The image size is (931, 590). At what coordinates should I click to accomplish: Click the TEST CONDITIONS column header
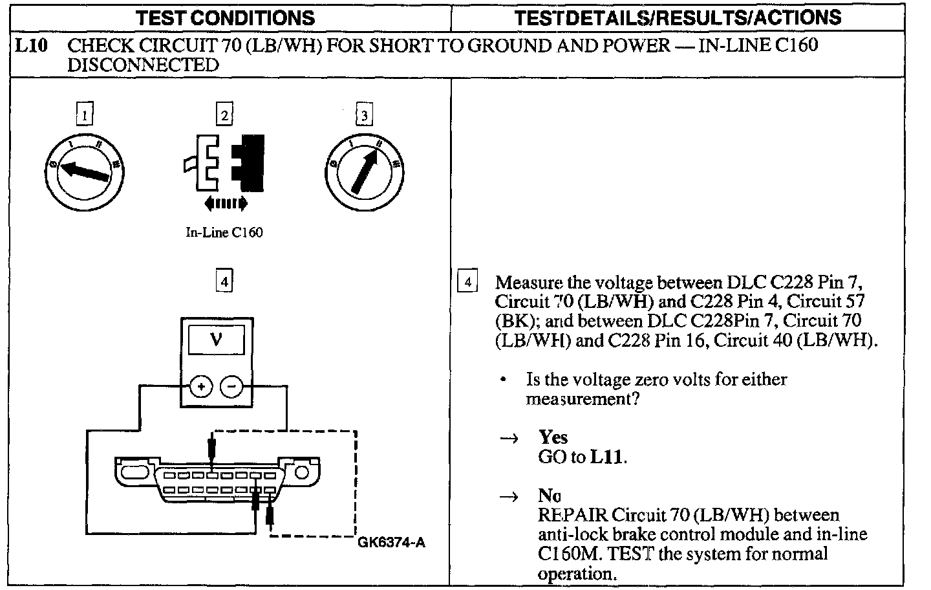pyautogui.click(x=225, y=17)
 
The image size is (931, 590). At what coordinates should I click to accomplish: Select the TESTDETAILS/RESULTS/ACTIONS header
pyautogui.click(x=678, y=17)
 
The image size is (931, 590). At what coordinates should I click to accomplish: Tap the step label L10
pyautogui.click(x=30, y=46)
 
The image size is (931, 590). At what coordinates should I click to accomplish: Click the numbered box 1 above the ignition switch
pyautogui.click(x=84, y=115)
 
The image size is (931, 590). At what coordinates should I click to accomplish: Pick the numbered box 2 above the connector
pyautogui.click(x=224, y=115)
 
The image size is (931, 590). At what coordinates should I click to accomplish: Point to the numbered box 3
pyautogui.click(x=364, y=115)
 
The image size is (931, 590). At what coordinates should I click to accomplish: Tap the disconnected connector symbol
pyautogui.click(x=224, y=164)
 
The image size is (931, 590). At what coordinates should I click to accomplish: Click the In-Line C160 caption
pyautogui.click(x=224, y=233)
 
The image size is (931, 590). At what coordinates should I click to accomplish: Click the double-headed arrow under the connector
pyautogui.click(x=225, y=204)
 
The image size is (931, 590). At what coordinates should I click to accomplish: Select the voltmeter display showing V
pyautogui.click(x=217, y=340)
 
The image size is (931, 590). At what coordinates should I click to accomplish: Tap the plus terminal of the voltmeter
pyautogui.click(x=201, y=387)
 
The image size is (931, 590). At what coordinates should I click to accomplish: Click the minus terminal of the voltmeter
pyautogui.click(x=232, y=387)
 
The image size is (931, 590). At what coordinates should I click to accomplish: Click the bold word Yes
pyautogui.click(x=553, y=438)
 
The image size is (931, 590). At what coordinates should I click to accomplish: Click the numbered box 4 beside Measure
pyautogui.click(x=467, y=282)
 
